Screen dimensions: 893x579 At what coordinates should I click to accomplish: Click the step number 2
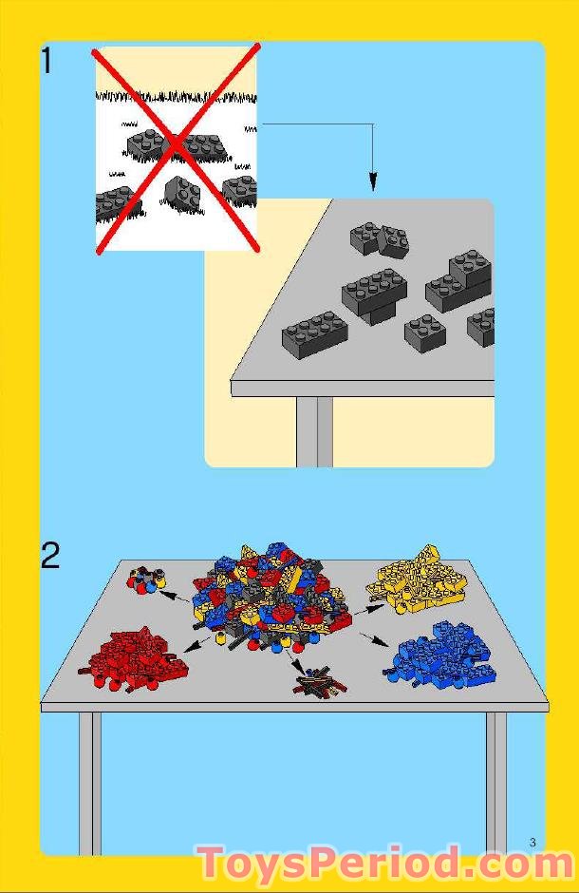pyautogui.click(x=50, y=556)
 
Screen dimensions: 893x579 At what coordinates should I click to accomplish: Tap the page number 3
pyautogui.click(x=533, y=842)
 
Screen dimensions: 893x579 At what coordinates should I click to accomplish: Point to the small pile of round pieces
pyautogui.click(x=147, y=579)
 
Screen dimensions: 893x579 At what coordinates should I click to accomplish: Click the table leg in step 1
pyautogui.click(x=314, y=431)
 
